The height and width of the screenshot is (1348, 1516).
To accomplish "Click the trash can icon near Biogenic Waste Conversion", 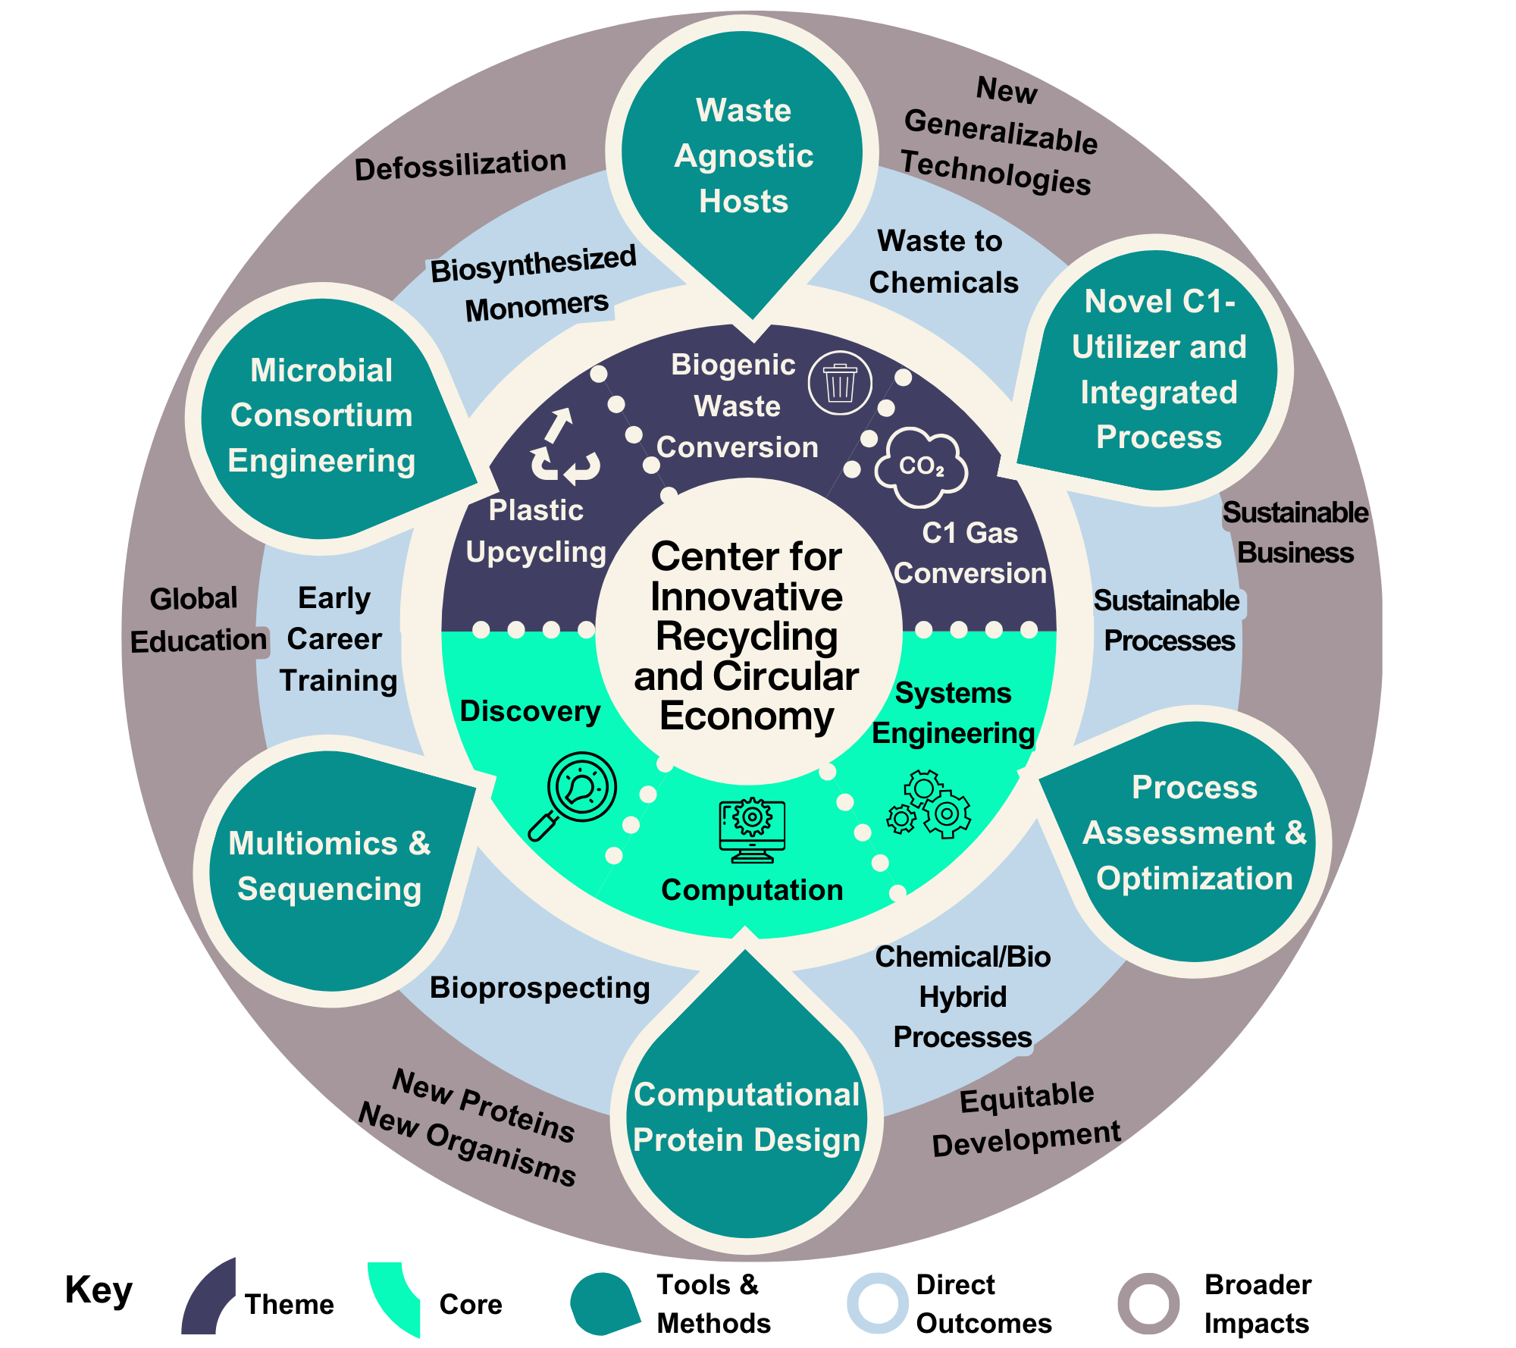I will click(839, 383).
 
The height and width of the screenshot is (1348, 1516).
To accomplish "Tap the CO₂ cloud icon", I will click(921, 467).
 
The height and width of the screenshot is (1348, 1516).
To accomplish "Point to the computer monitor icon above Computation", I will click(751, 830).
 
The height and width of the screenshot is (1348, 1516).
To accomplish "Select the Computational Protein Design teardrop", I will click(747, 1122).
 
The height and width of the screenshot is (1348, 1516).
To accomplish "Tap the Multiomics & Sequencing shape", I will click(330, 868).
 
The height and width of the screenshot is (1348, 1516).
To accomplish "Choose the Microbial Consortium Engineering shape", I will click(322, 417).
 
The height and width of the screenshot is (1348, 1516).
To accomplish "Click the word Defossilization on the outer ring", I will click(460, 165).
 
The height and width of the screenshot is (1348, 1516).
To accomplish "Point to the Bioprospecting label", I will click(540, 988).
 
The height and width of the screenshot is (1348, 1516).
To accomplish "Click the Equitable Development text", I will click(1026, 1119).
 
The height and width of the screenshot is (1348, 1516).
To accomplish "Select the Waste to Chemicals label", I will click(943, 262).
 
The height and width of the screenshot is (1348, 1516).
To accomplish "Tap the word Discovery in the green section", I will click(530, 711).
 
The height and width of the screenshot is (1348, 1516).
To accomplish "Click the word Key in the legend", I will click(99, 1290).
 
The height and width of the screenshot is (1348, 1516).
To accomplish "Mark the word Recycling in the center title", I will click(747, 636).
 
